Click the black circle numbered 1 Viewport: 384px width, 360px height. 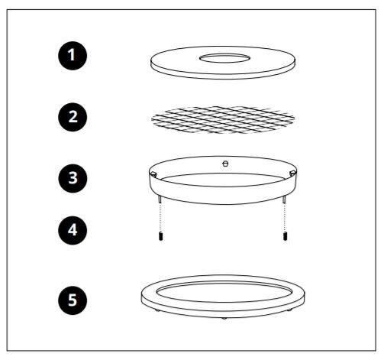(73, 56)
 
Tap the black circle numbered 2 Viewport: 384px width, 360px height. (73, 117)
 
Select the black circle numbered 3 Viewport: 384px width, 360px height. (73, 178)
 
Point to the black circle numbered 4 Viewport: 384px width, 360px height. (73, 230)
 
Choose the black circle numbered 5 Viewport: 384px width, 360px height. (73, 300)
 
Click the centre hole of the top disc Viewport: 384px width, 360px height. (224, 58)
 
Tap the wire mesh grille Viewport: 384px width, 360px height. (223, 120)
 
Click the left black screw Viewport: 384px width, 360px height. (160, 236)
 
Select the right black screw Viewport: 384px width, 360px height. (286, 236)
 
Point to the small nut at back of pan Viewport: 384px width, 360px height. (225, 164)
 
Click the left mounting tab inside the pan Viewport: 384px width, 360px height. (153, 174)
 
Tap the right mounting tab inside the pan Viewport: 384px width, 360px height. (292, 173)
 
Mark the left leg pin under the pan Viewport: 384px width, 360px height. (160, 199)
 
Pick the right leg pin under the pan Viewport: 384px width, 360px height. (284, 199)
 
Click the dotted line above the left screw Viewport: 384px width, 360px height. (160, 217)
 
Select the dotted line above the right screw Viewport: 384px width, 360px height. (285, 217)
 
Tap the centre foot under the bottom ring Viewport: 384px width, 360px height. (224, 318)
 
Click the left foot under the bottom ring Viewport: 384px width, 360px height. (158, 310)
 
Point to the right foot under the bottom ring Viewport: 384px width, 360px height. (289, 310)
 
